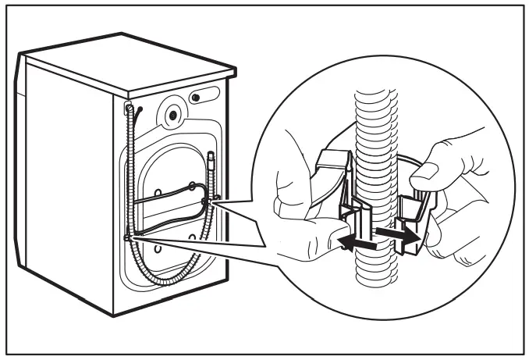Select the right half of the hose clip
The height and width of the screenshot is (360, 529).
pyautogui.click(x=411, y=219)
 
